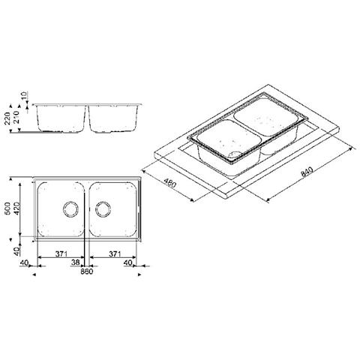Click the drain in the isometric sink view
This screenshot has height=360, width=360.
click(x=236, y=157)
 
